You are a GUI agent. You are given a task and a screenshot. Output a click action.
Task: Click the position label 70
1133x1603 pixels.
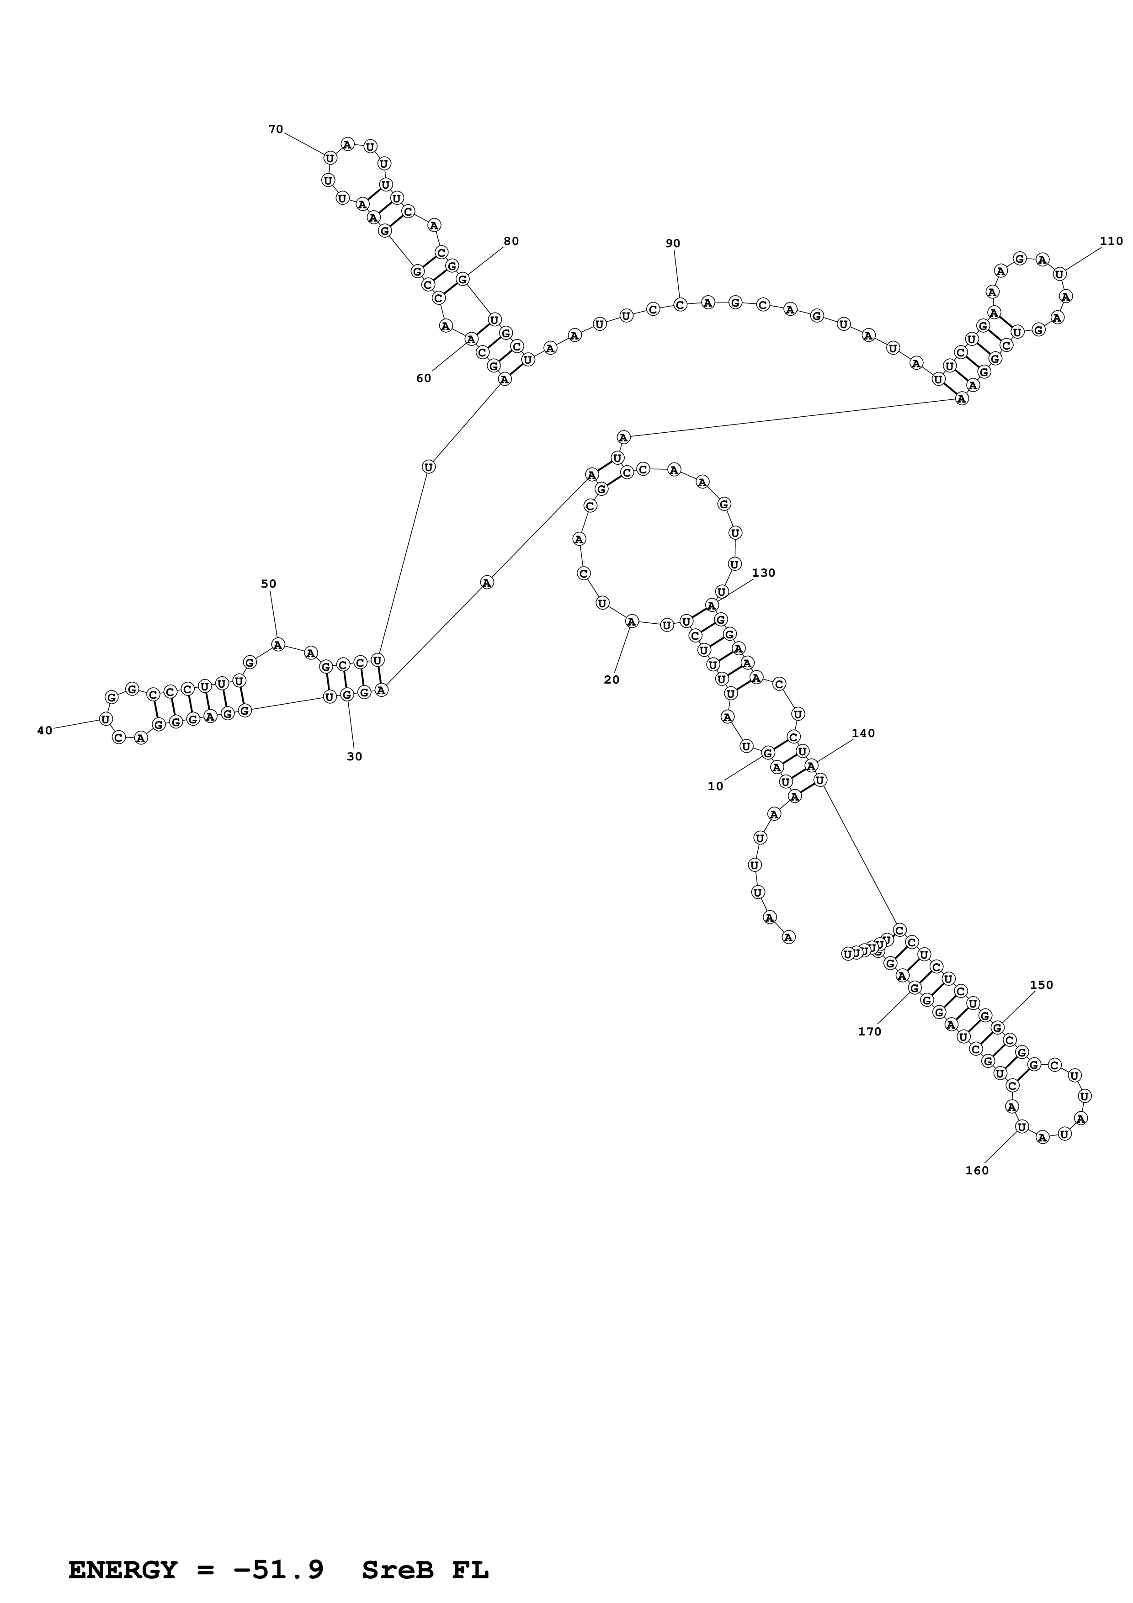pos(276,129)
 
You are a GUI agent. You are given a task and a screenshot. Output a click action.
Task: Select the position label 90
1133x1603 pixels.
pos(672,244)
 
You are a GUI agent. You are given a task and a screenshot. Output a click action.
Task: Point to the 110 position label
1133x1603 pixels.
pos(1112,242)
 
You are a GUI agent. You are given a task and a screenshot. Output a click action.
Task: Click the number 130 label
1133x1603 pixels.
pos(764,573)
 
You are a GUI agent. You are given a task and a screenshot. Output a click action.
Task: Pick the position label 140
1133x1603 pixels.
pos(863,734)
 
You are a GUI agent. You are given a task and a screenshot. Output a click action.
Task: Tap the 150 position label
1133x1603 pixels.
pos(1042,985)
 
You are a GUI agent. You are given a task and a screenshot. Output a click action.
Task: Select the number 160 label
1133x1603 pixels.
pos(977,1171)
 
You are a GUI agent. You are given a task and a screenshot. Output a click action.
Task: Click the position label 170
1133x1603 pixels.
pos(870,1032)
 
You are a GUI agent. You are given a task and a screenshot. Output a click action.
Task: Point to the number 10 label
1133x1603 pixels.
pos(716,786)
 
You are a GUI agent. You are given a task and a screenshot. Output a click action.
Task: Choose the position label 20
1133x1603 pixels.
pos(612,680)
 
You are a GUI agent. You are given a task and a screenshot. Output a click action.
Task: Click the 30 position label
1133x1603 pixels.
pos(355,757)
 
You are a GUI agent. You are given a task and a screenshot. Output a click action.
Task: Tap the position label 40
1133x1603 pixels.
pos(45,731)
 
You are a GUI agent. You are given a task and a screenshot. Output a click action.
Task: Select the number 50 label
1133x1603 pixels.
pos(269,584)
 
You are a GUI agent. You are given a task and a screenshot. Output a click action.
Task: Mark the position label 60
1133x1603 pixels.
pos(424,378)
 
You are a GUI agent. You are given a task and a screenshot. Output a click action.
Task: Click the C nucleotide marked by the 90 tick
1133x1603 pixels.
pos(680,304)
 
